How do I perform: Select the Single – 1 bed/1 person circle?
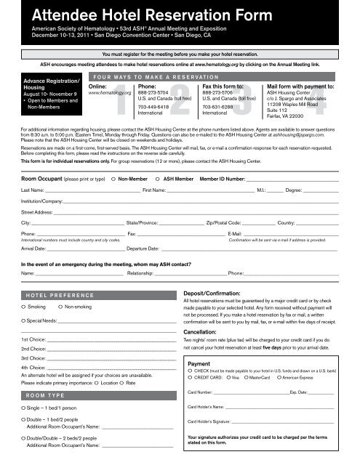(24, 411)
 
